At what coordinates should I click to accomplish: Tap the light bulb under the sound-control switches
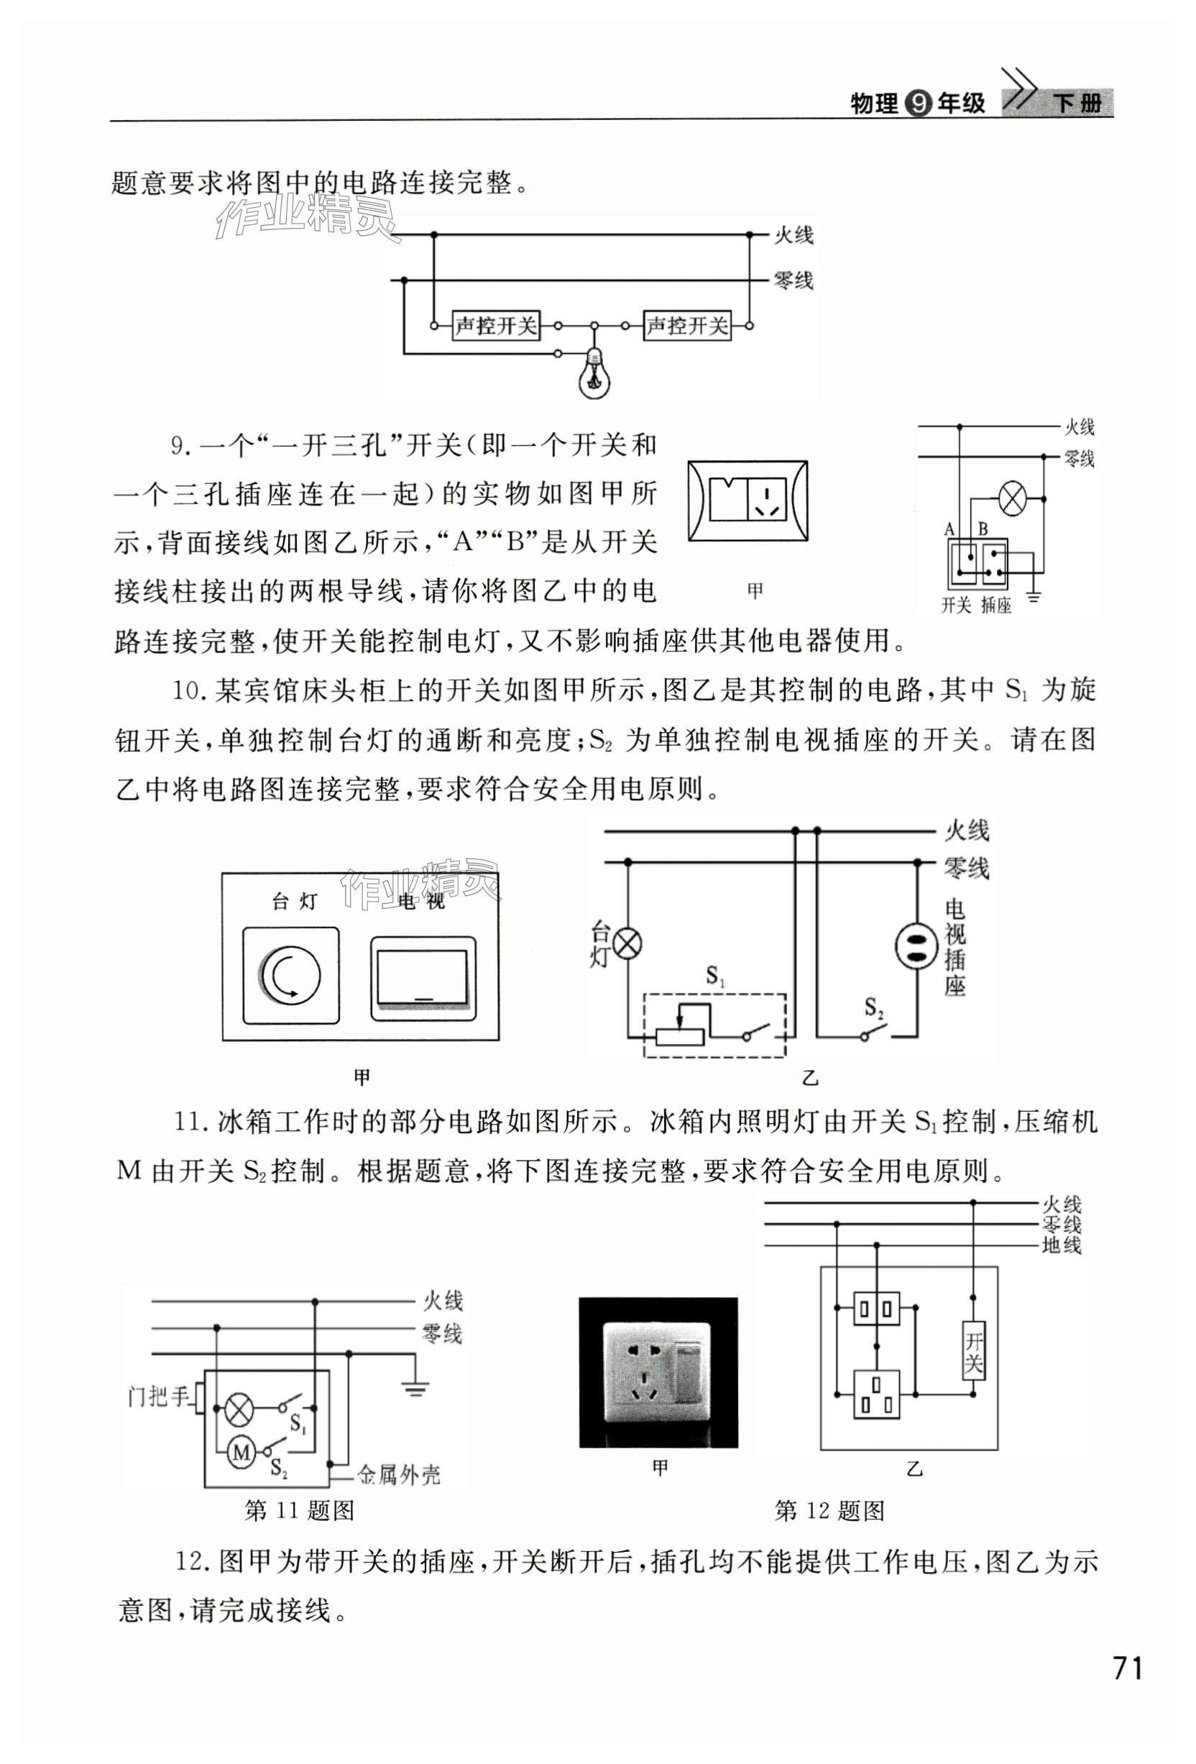click(594, 373)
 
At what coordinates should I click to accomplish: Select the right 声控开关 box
click(687, 326)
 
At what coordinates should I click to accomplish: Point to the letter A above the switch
click(949, 529)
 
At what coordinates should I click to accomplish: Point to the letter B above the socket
click(983, 529)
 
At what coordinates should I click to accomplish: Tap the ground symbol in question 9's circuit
click(1034, 598)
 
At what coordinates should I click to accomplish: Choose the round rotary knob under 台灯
click(291, 974)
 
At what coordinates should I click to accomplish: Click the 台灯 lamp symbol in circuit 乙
click(627, 944)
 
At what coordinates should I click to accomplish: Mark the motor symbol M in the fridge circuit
click(242, 1452)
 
